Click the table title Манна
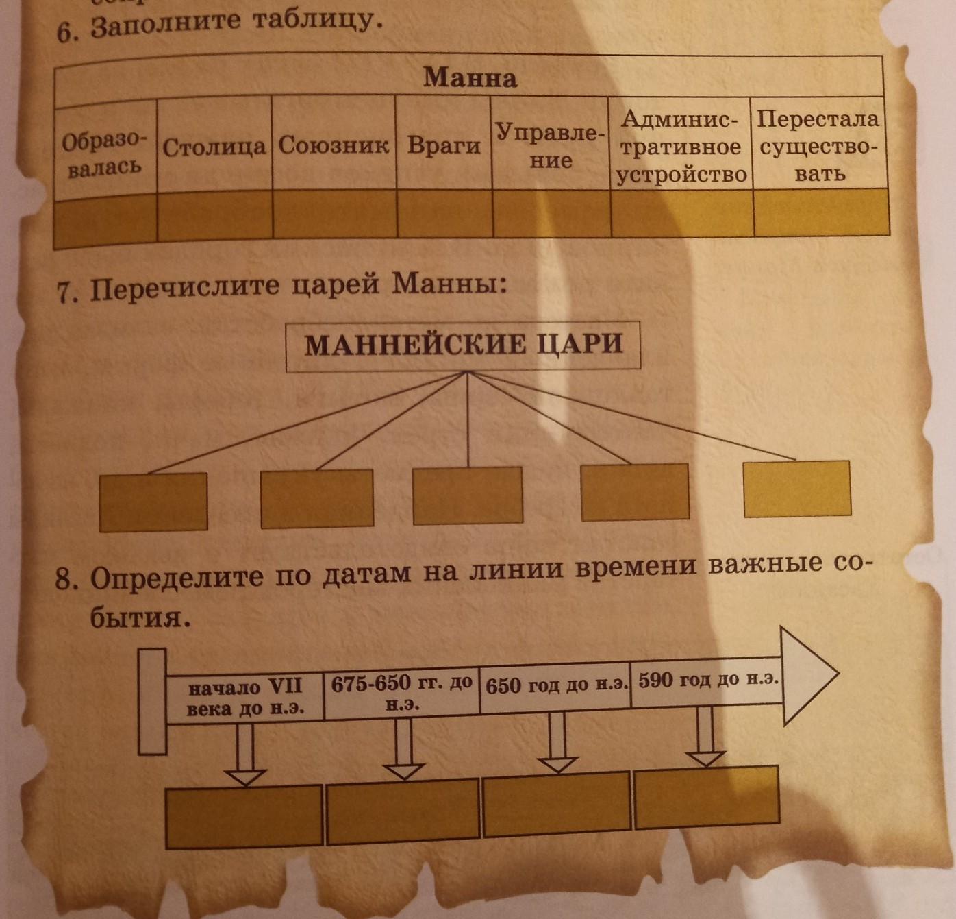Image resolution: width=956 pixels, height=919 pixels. (x=470, y=77)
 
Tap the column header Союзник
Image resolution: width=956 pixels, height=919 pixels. (x=334, y=145)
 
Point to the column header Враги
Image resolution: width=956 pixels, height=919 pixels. (x=444, y=145)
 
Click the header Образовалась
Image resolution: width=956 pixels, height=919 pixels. (x=104, y=154)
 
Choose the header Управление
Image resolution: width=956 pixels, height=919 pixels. (x=550, y=145)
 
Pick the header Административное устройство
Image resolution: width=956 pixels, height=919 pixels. (x=681, y=147)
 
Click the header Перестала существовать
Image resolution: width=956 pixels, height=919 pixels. (x=818, y=145)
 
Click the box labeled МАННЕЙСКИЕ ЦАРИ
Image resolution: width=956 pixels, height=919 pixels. (x=463, y=345)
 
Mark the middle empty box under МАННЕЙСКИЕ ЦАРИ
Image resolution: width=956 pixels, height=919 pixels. (x=468, y=495)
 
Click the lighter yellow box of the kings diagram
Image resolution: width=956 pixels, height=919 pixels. (x=797, y=488)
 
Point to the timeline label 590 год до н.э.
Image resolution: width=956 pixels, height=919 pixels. (x=707, y=681)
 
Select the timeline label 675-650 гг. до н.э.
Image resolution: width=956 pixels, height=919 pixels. (x=402, y=692)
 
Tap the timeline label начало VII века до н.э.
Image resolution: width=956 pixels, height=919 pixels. (x=245, y=698)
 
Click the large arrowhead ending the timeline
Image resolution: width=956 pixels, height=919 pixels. (x=808, y=675)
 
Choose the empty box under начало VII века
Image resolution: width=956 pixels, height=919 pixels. (x=244, y=816)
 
